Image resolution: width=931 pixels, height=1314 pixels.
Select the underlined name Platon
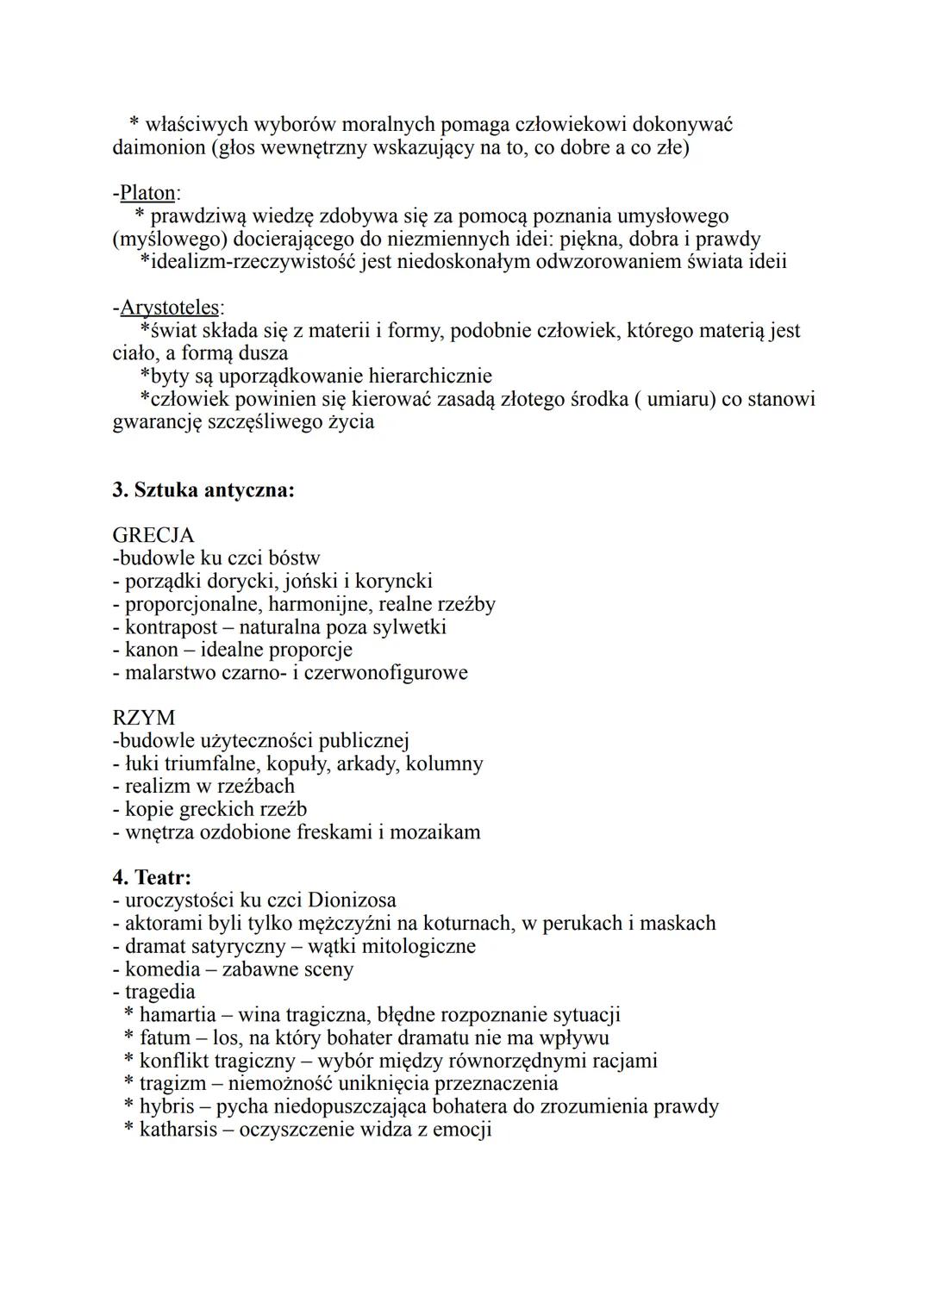click(147, 193)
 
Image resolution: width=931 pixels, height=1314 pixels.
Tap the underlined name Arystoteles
click(170, 308)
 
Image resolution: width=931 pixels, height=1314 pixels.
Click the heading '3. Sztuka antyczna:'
click(203, 490)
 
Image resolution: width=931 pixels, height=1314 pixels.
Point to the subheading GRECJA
click(153, 536)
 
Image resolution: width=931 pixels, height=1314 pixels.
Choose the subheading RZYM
click(144, 718)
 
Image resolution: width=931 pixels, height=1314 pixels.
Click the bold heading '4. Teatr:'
click(152, 877)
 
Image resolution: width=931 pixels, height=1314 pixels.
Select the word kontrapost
click(172, 626)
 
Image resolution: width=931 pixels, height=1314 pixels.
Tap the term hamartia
click(178, 1015)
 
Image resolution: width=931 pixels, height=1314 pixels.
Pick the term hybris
click(166, 1106)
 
